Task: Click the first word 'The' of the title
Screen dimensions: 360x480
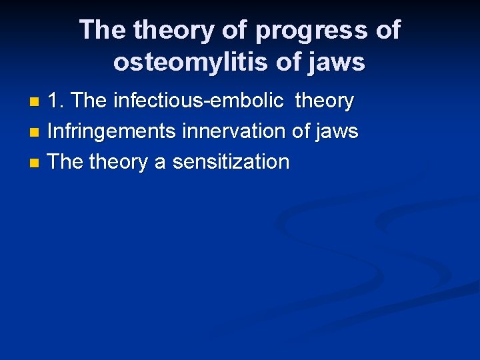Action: (x=103, y=30)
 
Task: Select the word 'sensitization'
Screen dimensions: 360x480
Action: (x=231, y=161)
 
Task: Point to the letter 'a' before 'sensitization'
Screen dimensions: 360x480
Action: (x=160, y=162)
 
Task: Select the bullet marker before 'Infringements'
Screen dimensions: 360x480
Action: (x=36, y=133)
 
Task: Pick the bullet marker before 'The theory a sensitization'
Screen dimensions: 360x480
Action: (x=36, y=163)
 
